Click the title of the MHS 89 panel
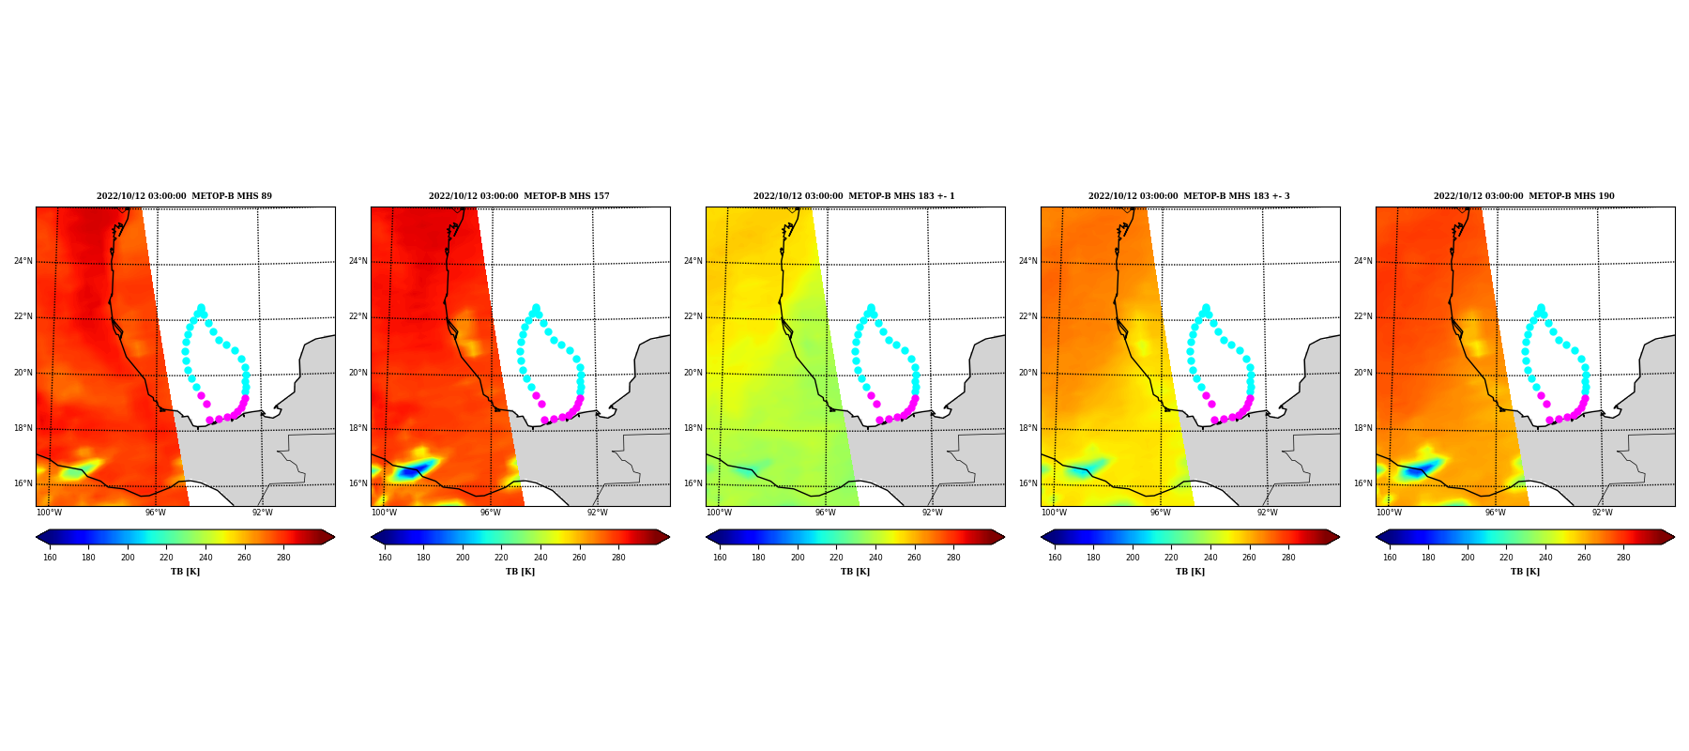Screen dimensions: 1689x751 pos(184,196)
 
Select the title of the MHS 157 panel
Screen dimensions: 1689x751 pos(519,196)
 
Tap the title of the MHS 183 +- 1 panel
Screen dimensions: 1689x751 pos(854,196)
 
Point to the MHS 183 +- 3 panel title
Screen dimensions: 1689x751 pos(1189,196)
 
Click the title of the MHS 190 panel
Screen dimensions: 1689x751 pos(1524,196)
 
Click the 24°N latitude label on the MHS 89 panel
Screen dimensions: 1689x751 pos(23,261)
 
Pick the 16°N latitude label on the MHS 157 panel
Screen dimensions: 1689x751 pos(358,483)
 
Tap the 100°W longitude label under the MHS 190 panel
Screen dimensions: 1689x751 pos(1389,513)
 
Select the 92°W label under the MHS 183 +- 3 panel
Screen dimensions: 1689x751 pos(1268,513)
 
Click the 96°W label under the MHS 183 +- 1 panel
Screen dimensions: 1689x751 pos(826,513)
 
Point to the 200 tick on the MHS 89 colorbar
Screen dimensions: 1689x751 pos(128,558)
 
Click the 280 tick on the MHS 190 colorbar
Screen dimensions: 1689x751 pos(1623,558)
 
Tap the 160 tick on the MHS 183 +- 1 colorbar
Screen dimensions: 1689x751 pos(720,558)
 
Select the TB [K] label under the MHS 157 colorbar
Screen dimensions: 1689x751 pos(520,572)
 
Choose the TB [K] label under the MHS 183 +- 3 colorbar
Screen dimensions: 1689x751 pos(1190,572)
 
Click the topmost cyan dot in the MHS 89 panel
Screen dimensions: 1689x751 pos(201,308)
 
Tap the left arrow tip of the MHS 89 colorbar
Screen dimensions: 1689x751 pos(37,537)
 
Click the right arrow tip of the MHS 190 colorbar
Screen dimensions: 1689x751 pos(1674,537)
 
